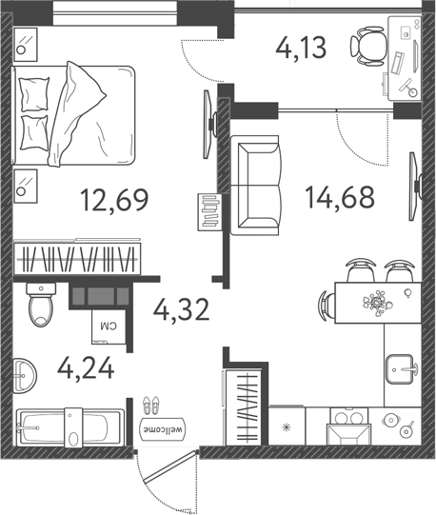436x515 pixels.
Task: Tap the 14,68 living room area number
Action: [x=340, y=197]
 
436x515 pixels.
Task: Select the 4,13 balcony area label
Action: [x=302, y=46]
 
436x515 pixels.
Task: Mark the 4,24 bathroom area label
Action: [x=86, y=366]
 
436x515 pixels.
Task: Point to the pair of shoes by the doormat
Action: [x=150, y=406]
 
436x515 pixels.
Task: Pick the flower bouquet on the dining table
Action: [x=377, y=304]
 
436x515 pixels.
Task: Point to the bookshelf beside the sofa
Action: [x=210, y=211]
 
